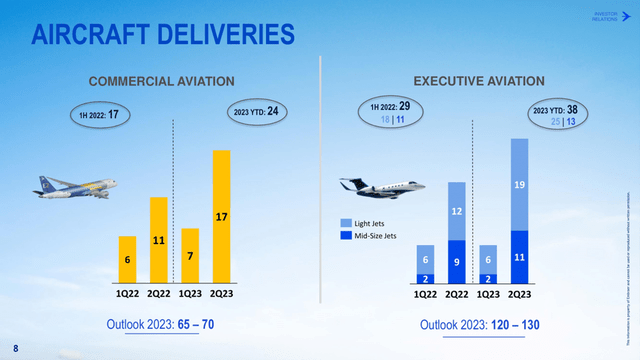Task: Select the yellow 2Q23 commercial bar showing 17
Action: (221, 216)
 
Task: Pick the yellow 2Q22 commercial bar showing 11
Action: (158, 240)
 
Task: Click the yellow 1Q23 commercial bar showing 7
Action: (190, 255)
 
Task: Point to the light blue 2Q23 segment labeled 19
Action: (519, 184)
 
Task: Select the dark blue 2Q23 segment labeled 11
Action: (519, 256)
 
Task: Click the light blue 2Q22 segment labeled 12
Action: (456, 211)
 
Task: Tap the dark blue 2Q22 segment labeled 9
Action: (456, 261)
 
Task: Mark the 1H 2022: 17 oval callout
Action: (100, 115)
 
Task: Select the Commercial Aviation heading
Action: (162, 80)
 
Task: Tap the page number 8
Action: (14, 349)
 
